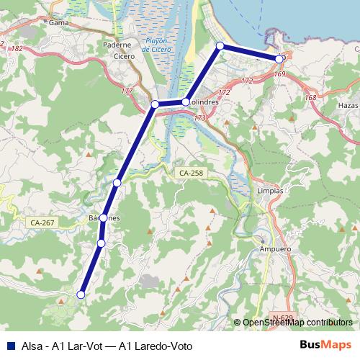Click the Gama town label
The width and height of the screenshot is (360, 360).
click(58, 22)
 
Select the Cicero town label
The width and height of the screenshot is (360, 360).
click(125, 56)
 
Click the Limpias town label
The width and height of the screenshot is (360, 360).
click(270, 191)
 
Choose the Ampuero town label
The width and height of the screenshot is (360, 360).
click(274, 249)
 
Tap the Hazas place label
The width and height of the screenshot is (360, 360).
click(346, 105)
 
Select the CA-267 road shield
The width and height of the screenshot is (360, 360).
click(43, 222)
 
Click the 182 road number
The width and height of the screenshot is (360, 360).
click(17, 48)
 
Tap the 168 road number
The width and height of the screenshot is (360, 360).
click(310, 98)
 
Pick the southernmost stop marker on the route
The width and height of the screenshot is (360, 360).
click(81, 294)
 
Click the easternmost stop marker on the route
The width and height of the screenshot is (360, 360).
click(279, 59)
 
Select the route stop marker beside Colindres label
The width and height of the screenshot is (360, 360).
click(186, 102)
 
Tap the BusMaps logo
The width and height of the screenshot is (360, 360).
click(325, 344)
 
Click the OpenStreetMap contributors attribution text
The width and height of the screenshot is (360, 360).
click(297, 323)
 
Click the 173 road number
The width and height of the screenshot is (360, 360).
click(200, 117)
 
